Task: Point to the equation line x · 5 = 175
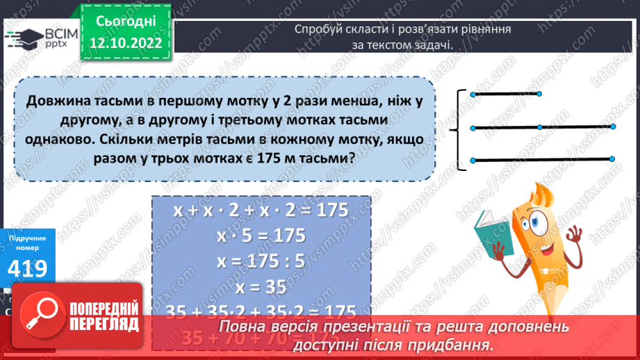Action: click(261, 235)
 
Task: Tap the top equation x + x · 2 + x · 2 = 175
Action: click(261, 210)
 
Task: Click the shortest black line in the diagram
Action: click(505, 94)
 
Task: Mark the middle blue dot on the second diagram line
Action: click(540, 127)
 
